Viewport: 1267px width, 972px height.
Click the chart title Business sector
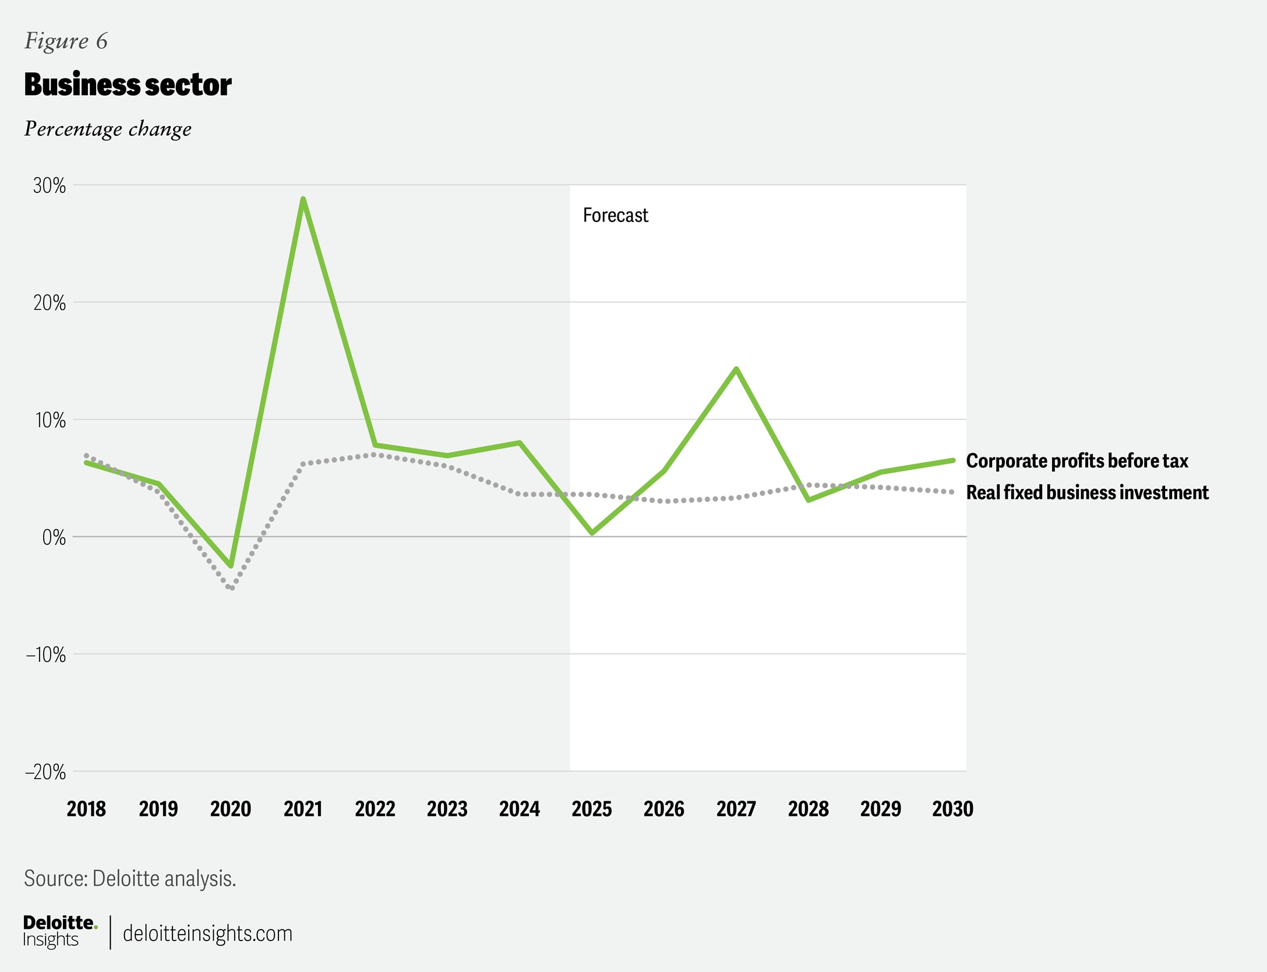coord(128,85)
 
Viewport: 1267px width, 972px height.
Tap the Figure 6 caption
coord(66,41)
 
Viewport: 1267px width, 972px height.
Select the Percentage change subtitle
coord(108,129)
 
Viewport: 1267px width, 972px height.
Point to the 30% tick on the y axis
coord(50,186)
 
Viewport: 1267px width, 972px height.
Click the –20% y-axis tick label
coord(45,772)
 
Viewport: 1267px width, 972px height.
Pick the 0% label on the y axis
coord(54,537)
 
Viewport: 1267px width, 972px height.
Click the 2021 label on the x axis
coord(303,809)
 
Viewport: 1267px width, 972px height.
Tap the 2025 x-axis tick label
coord(592,809)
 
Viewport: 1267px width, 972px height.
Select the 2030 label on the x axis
coord(952,809)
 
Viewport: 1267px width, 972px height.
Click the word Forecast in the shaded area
coord(615,216)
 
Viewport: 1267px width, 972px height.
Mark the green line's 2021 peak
coord(303,199)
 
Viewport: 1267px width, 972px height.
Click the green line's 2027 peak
coord(737,369)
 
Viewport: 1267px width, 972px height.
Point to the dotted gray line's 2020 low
coord(232,587)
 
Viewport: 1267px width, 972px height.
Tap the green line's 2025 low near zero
coord(592,533)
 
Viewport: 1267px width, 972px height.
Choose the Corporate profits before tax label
coord(1077,461)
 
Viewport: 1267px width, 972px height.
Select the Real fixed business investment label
coord(1087,492)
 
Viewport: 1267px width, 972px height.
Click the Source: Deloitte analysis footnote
coord(130,878)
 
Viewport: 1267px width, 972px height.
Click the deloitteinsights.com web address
coord(207,934)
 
